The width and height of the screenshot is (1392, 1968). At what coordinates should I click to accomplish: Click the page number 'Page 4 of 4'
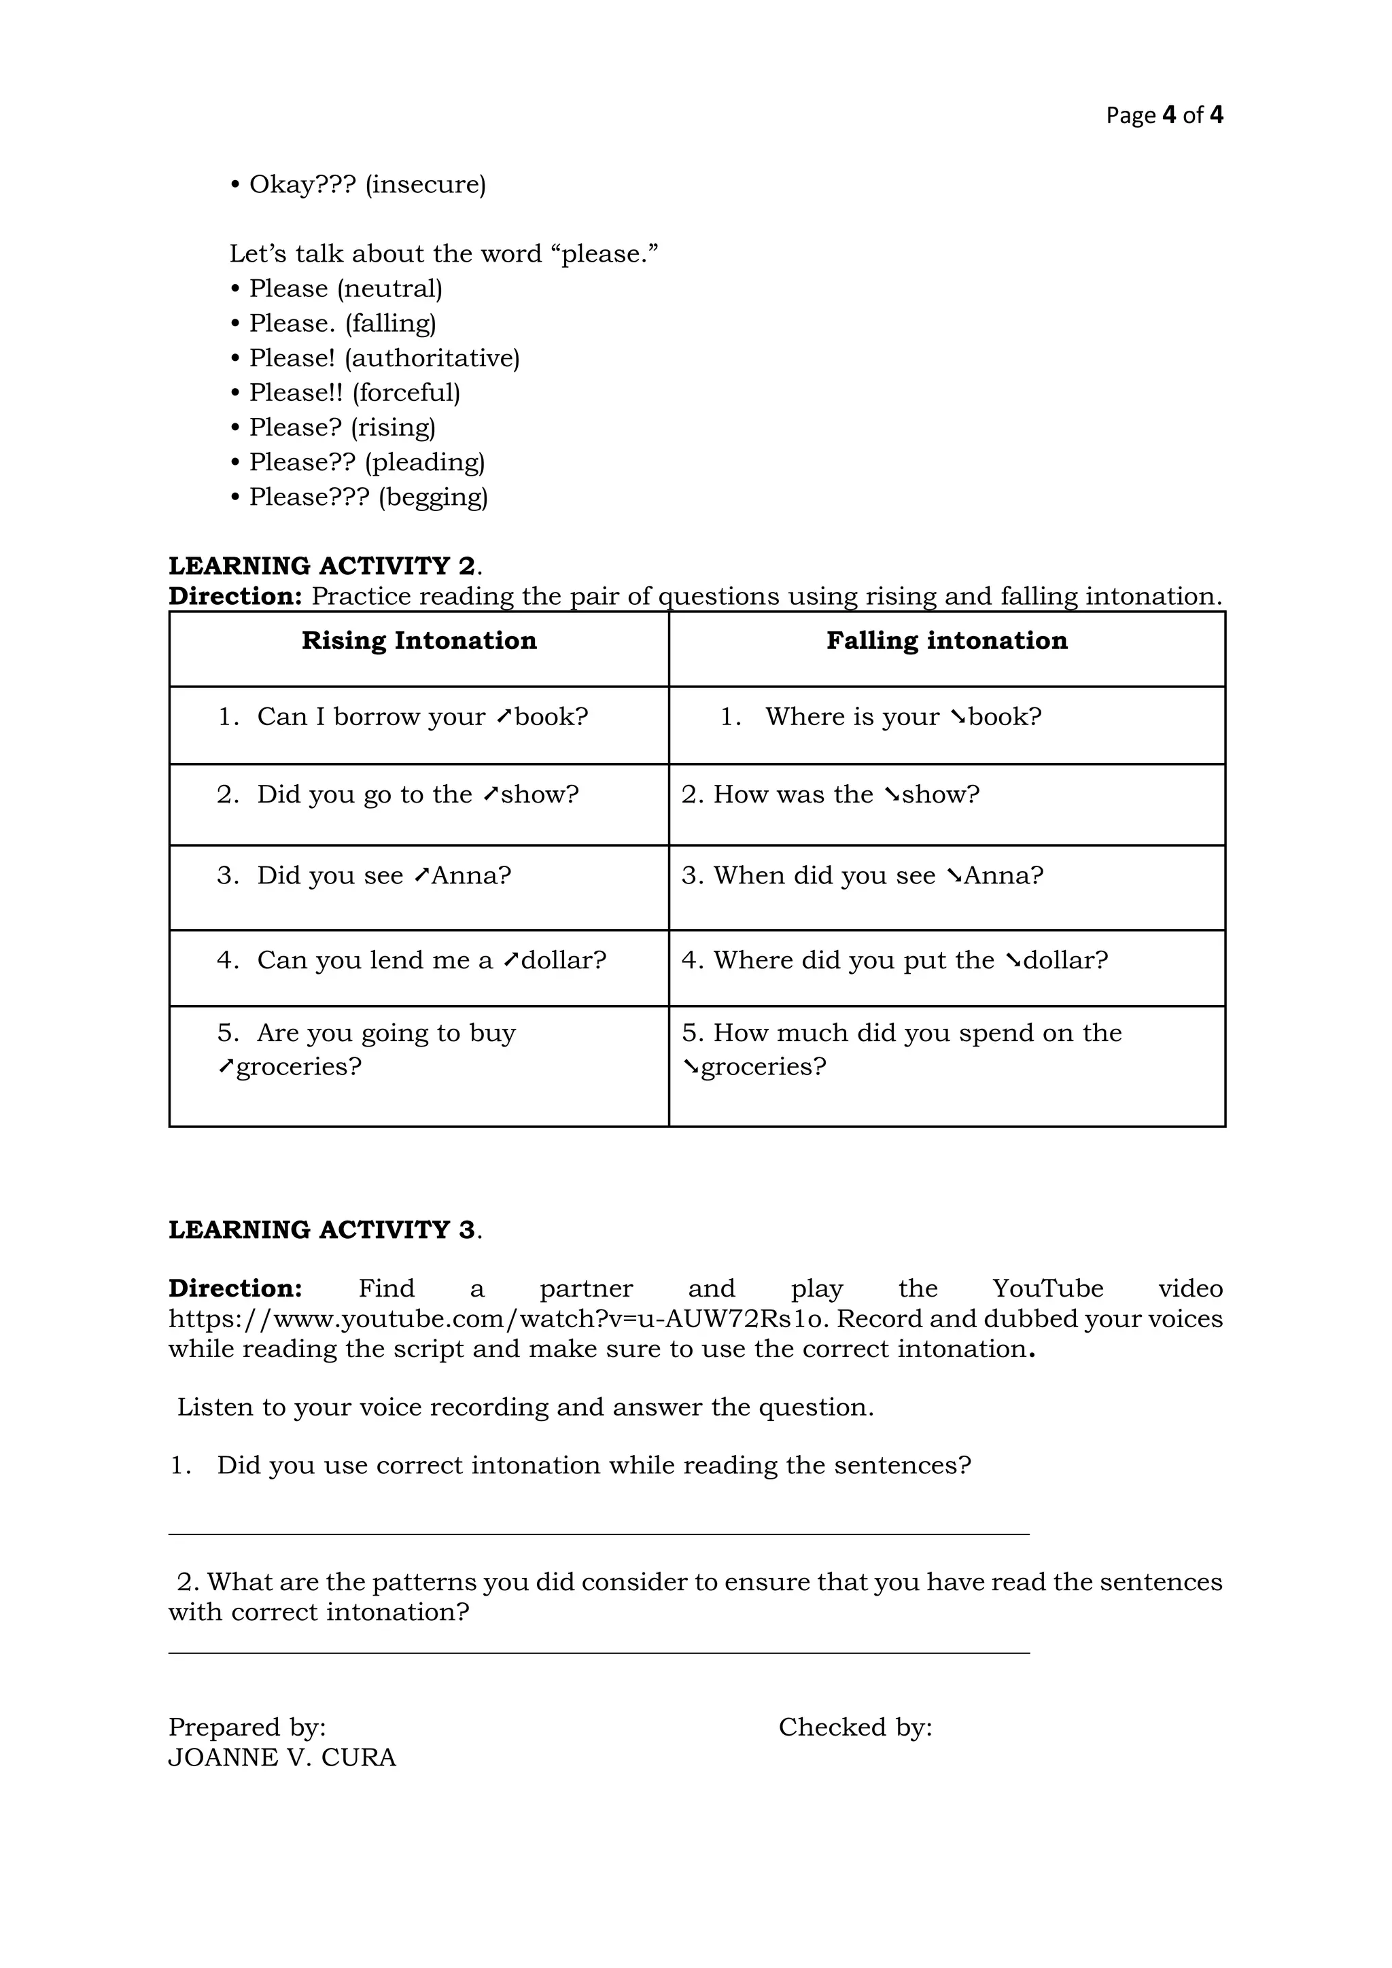(1164, 115)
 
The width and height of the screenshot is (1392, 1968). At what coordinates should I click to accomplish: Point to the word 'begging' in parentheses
(433, 497)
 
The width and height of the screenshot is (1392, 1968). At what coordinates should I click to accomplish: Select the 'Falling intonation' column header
(946, 640)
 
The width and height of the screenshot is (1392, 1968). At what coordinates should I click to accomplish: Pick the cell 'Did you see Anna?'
(383, 875)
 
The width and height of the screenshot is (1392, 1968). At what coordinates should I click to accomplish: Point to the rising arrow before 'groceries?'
(226, 1067)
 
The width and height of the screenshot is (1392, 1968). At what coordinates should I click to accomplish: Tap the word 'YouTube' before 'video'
(1047, 1288)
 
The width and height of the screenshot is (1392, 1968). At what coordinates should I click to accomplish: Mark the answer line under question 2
(598, 1652)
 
